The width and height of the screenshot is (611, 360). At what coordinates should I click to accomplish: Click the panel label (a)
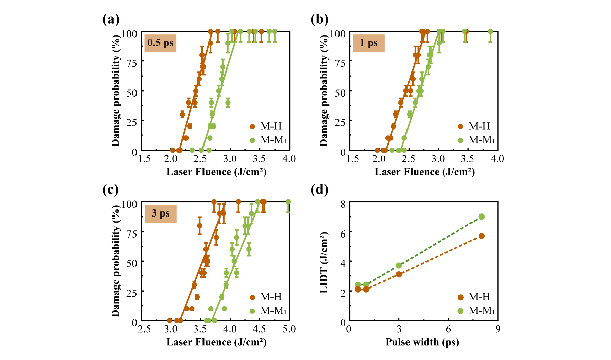tap(111, 20)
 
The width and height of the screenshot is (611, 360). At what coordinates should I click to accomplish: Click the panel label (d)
tap(320, 190)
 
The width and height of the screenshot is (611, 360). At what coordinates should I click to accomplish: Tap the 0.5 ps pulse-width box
tap(160, 43)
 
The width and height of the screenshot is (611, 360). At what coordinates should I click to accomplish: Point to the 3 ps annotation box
tap(160, 213)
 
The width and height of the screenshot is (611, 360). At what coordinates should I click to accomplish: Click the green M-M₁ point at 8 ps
tap(481, 217)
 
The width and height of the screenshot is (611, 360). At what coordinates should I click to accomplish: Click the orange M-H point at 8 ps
tap(481, 236)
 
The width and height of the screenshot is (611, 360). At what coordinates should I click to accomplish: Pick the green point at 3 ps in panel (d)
tap(399, 265)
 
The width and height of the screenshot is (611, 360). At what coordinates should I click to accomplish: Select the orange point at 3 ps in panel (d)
tap(399, 274)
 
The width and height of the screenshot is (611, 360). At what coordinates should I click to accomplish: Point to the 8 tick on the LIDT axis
tap(342, 203)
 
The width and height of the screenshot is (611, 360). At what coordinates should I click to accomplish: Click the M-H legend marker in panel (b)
tap(460, 126)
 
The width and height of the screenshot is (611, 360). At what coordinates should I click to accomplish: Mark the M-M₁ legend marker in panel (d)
tap(460, 311)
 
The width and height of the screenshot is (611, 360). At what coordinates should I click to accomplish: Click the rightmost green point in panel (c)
tap(288, 202)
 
